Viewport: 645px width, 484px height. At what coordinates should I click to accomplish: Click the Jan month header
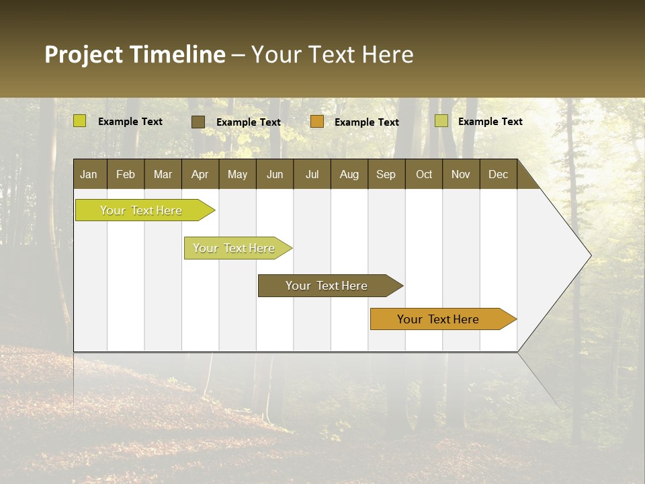89,174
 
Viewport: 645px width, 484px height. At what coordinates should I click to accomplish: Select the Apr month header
200,174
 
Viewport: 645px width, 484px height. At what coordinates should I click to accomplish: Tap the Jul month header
312,174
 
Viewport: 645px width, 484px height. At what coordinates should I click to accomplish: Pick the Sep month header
386,174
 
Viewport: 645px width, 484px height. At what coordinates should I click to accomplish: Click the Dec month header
498,174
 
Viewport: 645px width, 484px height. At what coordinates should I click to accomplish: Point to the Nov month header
460,174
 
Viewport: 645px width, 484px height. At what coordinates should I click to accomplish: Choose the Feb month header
126,174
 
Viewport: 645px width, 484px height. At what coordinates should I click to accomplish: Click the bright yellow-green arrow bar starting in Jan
141,210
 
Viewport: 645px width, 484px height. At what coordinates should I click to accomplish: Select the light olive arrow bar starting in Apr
234,248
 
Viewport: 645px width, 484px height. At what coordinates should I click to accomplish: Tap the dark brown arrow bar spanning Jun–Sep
327,286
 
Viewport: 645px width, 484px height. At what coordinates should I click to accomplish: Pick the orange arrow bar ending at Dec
438,319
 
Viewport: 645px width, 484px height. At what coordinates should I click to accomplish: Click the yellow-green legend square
80,121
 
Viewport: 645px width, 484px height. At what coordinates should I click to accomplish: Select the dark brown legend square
198,122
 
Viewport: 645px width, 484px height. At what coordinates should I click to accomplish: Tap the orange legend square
317,122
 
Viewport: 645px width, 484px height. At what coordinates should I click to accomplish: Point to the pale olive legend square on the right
441,121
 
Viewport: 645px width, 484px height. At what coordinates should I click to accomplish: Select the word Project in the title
83,54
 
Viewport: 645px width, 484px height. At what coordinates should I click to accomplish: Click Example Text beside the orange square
366,122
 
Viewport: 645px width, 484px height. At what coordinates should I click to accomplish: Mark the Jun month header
275,174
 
